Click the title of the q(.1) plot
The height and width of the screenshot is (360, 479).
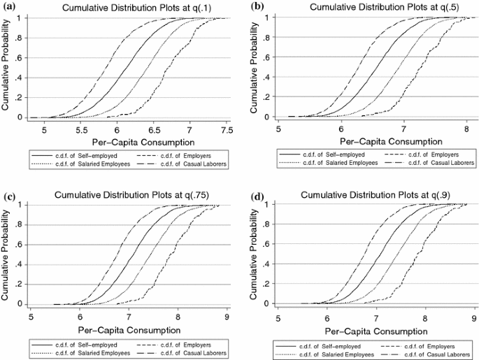tap(127, 8)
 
